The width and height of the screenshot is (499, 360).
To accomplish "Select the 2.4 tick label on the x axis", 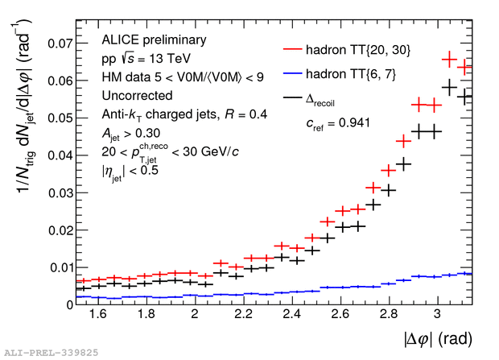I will (291, 317).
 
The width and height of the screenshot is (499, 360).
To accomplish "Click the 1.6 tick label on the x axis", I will (98, 317).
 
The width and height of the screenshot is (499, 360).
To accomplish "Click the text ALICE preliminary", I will (144, 39).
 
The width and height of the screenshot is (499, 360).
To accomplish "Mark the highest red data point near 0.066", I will (451, 59).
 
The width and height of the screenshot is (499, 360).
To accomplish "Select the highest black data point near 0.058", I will (451, 86).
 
